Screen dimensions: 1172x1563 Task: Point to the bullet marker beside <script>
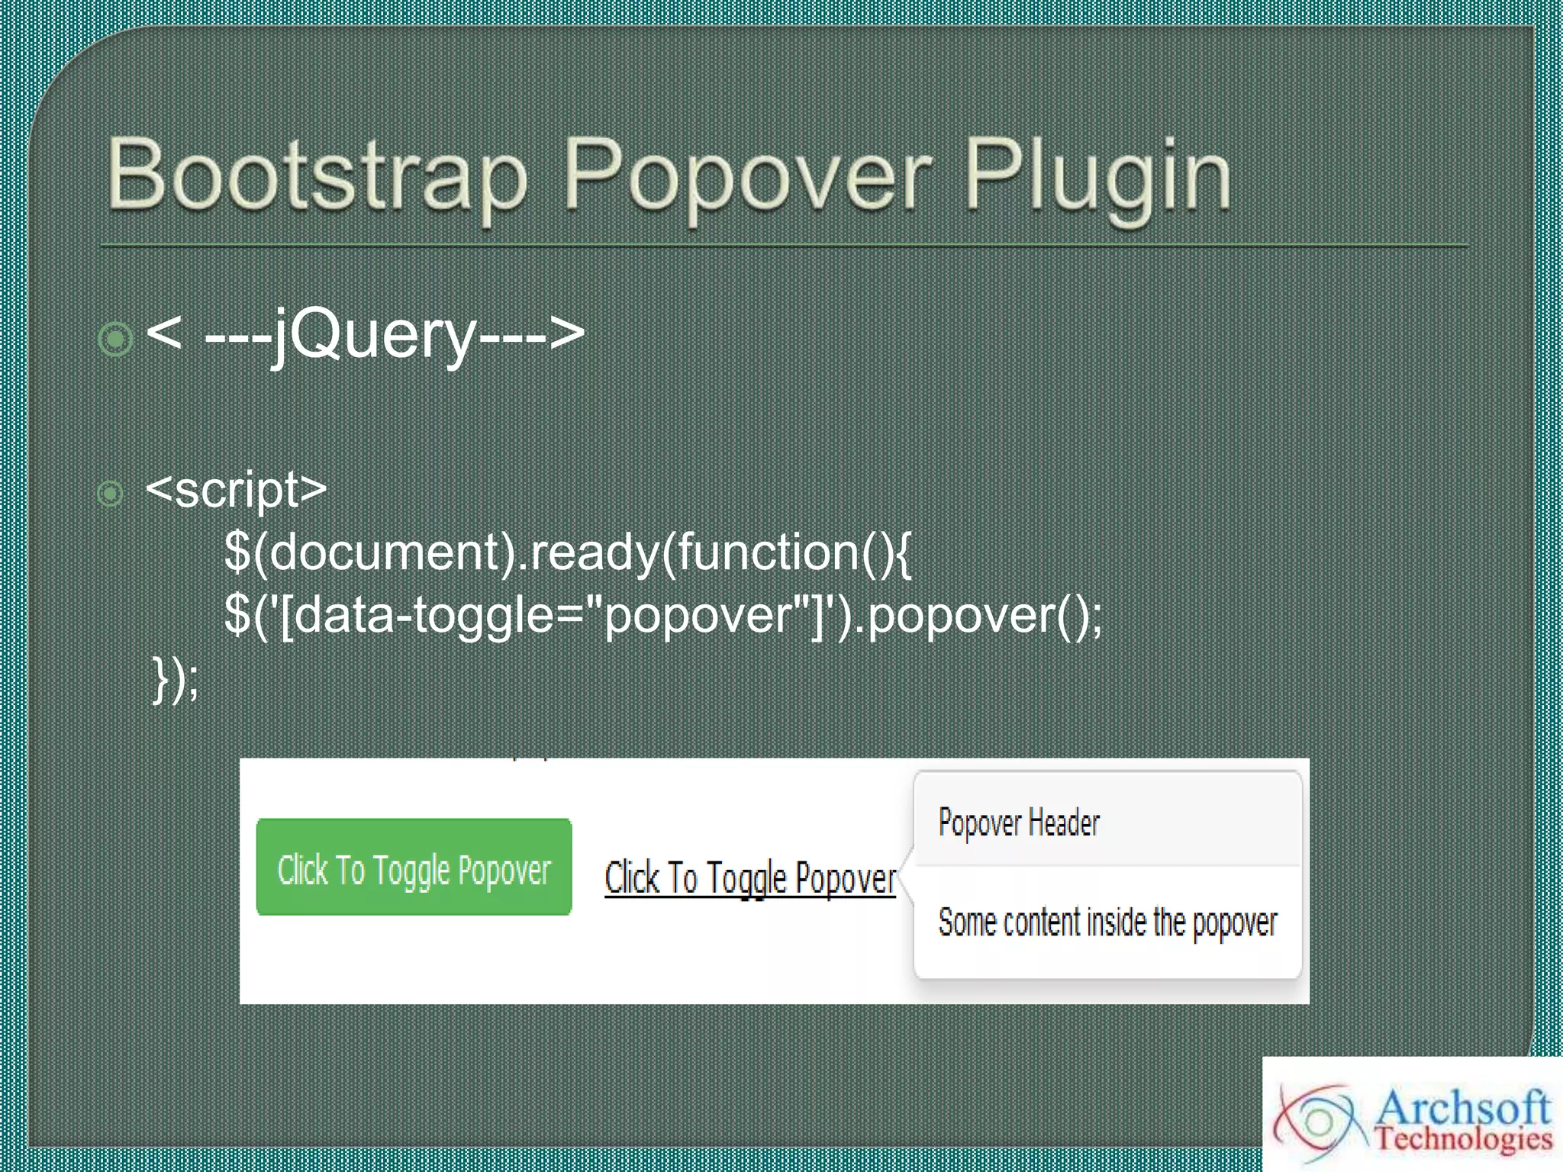111,494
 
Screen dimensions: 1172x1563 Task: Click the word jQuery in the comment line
375,334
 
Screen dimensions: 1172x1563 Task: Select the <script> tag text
236,489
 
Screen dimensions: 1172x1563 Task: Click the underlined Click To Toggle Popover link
749,878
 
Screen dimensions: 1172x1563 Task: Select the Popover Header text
1019,823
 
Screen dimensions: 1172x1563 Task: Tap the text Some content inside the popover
1107,922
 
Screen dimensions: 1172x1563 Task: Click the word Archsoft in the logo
1463,1106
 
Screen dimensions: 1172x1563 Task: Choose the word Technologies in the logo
1463,1139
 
